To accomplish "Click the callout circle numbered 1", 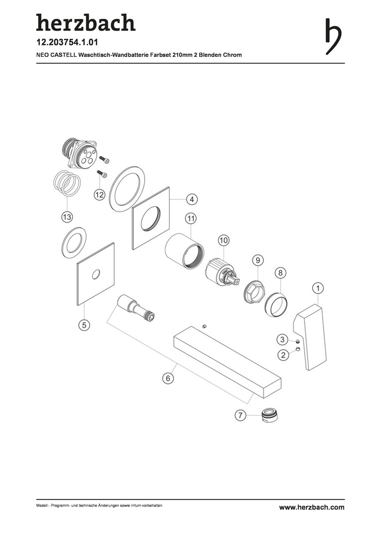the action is coord(318,288).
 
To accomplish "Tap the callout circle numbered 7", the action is coord(240,415).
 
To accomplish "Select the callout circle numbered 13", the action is coord(67,217).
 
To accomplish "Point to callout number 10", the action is coord(223,241).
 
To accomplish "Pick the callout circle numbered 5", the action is coord(84,324).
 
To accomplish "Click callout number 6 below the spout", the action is coord(168,378).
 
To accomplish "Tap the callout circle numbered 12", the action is coord(99,195).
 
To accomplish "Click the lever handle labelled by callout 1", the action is coord(309,337).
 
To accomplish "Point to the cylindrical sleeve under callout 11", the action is coord(185,250).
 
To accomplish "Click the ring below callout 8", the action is coord(277,304).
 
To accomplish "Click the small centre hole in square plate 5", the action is coord(96,274).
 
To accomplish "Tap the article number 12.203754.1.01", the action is coord(67,42).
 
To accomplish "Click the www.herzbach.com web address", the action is coord(312,507).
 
